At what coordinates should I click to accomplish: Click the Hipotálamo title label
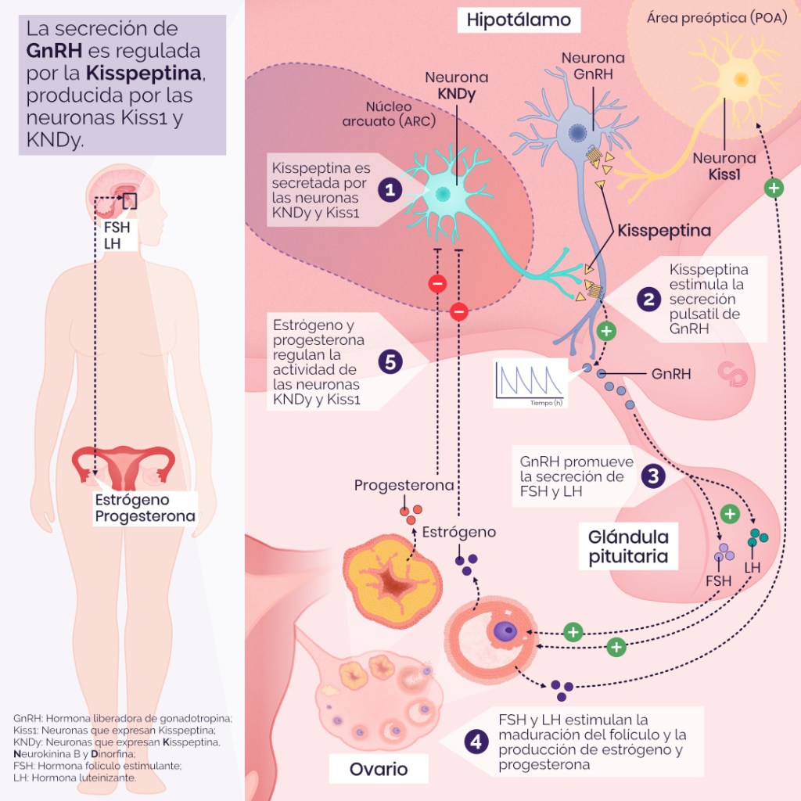[519, 20]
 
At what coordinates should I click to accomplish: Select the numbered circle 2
[648, 298]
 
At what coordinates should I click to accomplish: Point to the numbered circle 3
[652, 475]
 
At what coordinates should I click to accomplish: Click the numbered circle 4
[476, 742]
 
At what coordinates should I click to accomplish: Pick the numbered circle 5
[390, 361]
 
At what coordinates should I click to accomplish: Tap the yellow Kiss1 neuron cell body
[739, 79]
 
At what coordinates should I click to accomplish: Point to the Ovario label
[379, 769]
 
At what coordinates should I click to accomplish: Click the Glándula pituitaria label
[629, 547]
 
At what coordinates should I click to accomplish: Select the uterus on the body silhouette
[122, 468]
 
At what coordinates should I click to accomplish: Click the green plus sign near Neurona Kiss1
[774, 188]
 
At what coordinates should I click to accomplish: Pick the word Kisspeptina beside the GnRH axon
[664, 231]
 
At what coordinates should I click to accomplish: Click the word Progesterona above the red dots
[404, 485]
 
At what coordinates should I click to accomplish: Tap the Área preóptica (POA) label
[717, 18]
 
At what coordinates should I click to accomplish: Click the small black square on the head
[129, 200]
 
